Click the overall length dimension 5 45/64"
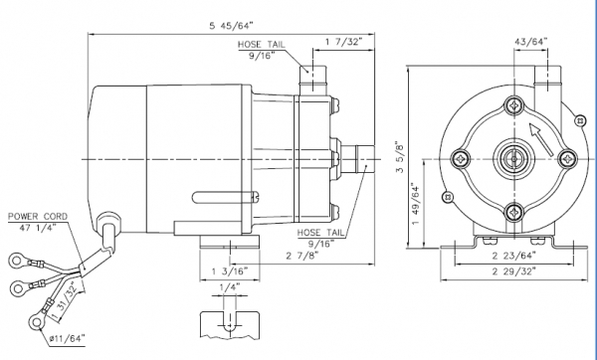231,26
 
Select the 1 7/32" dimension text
344,42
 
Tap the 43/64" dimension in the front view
530,41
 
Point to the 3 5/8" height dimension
399,156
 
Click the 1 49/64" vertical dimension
415,204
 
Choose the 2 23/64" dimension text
514,256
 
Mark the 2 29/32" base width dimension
514,271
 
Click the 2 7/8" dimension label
302,256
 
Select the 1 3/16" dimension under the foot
230,271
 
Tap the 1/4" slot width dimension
230,287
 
